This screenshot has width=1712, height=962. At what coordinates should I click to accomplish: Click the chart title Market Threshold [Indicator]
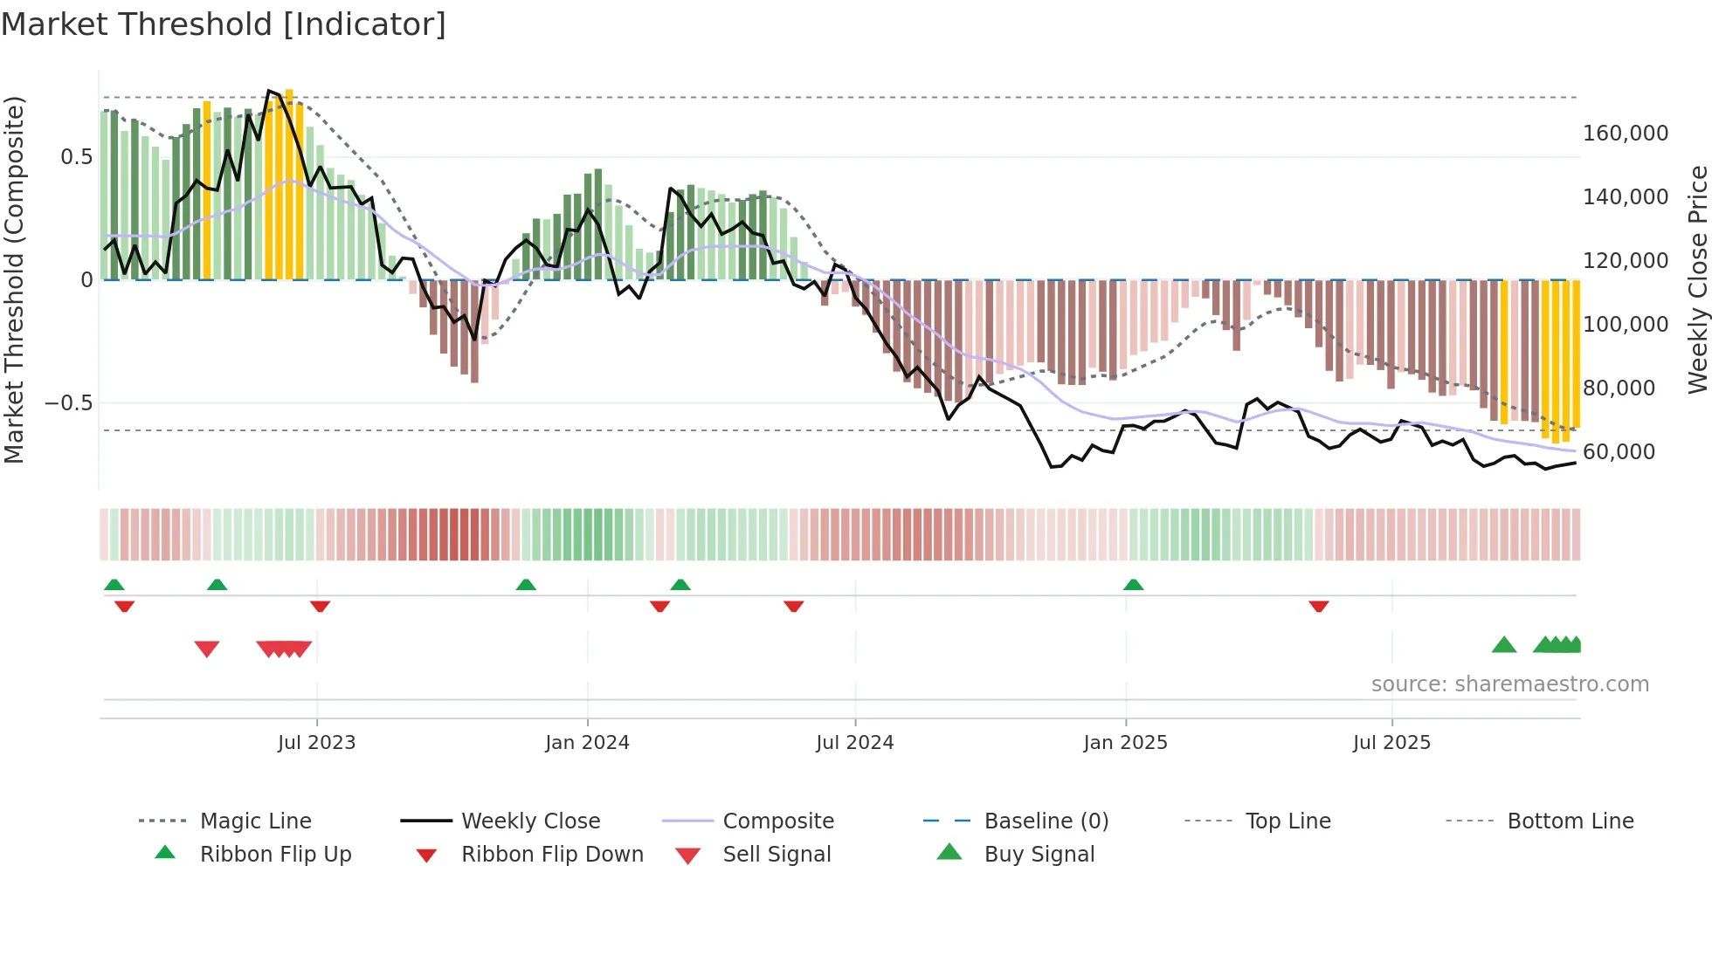(224, 24)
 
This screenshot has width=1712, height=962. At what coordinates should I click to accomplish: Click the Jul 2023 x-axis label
(316, 742)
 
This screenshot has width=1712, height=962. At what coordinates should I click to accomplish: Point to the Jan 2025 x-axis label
(1125, 742)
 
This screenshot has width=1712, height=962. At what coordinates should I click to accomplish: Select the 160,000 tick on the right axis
(1625, 134)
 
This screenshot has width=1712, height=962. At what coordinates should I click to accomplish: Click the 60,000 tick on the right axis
(1618, 451)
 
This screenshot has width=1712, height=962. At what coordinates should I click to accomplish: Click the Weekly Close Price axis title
(1697, 279)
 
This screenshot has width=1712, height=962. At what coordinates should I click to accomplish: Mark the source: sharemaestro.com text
(1509, 684)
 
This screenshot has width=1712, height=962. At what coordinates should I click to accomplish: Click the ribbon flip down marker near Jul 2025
(1319, 606)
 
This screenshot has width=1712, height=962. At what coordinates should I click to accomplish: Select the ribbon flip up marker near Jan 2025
(1133, 585)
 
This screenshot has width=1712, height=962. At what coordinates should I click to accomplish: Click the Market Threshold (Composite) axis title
(14, 279)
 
